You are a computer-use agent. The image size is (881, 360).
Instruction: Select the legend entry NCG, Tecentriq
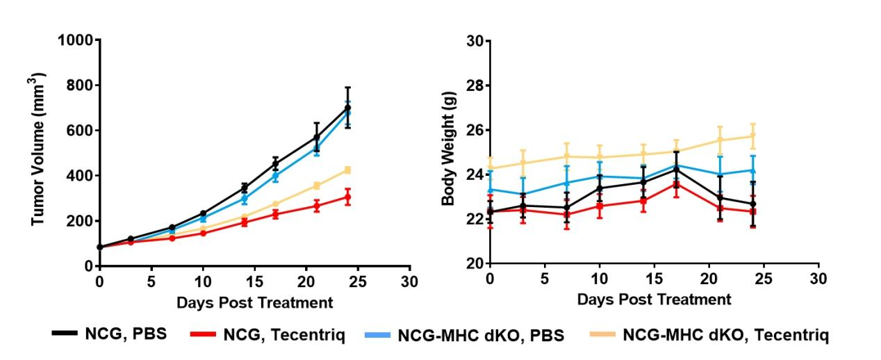pos(267,334)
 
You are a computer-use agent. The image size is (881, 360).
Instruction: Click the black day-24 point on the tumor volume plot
pos(347,108)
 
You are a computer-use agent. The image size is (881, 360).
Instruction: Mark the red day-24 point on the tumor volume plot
pos(347,197)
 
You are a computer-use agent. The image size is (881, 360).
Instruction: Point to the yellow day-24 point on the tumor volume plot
pos(347,170)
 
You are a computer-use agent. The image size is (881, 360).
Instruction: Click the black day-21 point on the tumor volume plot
pos(317,138)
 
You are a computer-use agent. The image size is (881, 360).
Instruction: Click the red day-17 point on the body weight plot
pos(676,184)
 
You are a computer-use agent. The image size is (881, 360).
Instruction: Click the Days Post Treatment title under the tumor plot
pos(254,303)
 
